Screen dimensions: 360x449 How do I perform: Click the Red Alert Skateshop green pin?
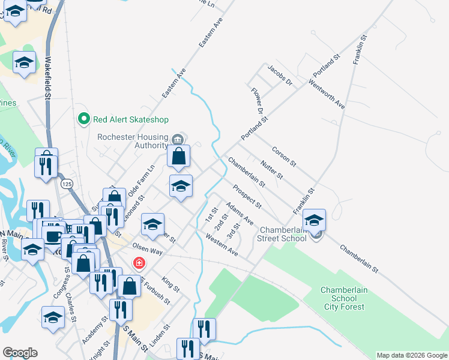coord(83,119)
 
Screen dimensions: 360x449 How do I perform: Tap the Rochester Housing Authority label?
coord(133,140)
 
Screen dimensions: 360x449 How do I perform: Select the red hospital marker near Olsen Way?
coord(139,263)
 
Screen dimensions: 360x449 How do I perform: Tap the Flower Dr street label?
coord(257,101)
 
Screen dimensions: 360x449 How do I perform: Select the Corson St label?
coord(284,155)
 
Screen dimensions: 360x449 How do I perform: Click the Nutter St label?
coord(271,169)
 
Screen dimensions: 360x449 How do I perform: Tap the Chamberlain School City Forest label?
coord(343,298)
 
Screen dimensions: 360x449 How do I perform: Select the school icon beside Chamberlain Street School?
coord(314,220)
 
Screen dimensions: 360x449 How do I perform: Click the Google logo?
coord(20,353)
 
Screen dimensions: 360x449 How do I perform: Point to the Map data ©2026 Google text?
coord(411,355)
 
